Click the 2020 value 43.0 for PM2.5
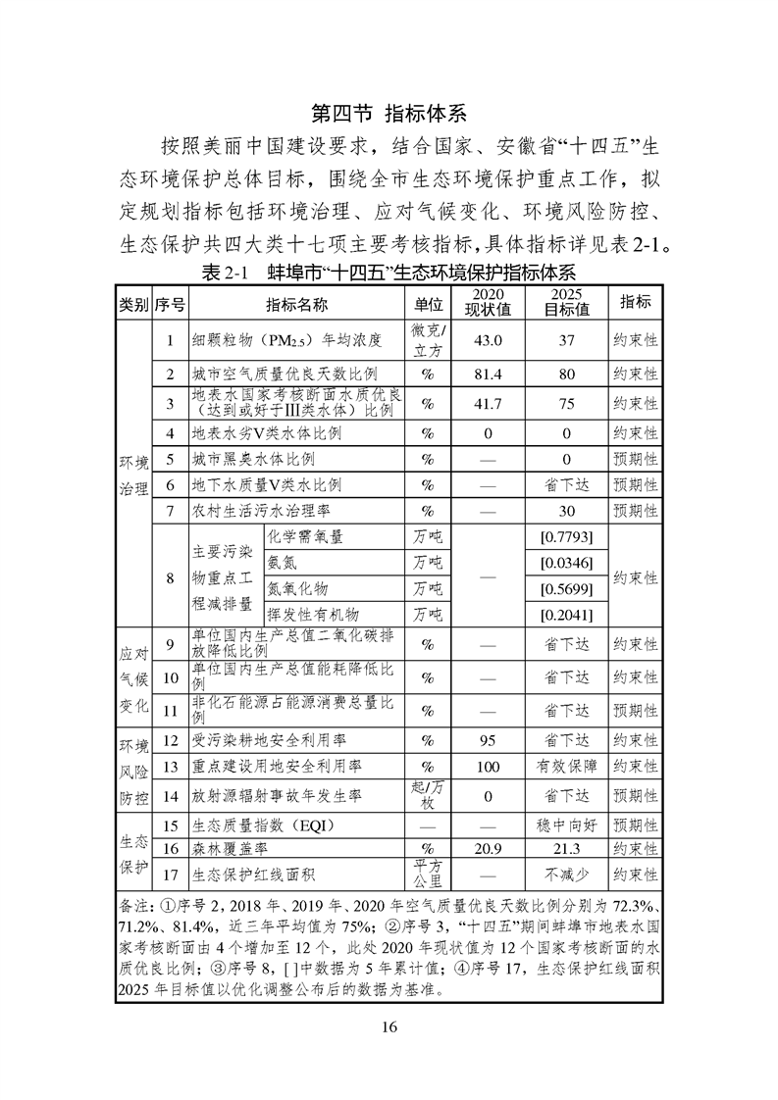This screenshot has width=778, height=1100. click(x=488, y=340)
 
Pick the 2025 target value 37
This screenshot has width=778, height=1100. click(x=567, y=340)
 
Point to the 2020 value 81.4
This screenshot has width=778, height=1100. click(x=488, y=375)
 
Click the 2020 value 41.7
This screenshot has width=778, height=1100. click(x=488, y=403)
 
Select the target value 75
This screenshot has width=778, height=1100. click(x=567, y=403)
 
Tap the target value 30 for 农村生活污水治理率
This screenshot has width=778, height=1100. click(x=567, y=510)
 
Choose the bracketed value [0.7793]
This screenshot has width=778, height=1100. click(x=567, y=537)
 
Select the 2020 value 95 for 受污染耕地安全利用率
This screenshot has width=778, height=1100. click(x=488, y=740)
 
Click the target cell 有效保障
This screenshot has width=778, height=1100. click(x=567, y=767)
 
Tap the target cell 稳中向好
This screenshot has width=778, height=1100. click(x=567, y=825)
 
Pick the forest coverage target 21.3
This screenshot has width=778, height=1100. click(x=567, y=848)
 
